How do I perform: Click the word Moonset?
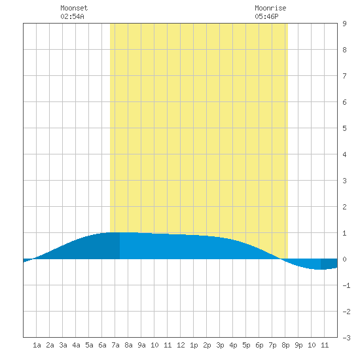coord(74,8)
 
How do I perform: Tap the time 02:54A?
coord(72,16)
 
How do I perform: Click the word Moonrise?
coord(270,8)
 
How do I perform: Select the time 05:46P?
coord(266,16)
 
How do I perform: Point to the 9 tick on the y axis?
coord(344,24)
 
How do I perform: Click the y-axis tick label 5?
coord(344,128)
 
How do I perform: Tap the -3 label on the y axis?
coord(346,338)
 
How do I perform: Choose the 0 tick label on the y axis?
coord(344,259)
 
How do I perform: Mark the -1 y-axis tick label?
coord(346,285)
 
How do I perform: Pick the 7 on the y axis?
coord(344,76)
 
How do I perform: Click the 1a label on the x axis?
coord(37,345)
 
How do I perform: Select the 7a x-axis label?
coord(115,345)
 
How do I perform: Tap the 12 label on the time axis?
coord(181,345)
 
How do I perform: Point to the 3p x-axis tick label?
coord(220,345)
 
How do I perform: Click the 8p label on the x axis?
coord(285,345)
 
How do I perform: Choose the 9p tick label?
coord(298,345)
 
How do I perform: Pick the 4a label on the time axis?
coord(76,345)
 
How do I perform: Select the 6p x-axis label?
coord(259,345)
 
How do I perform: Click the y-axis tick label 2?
coord(344,207)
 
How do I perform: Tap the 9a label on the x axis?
coord(141,345)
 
